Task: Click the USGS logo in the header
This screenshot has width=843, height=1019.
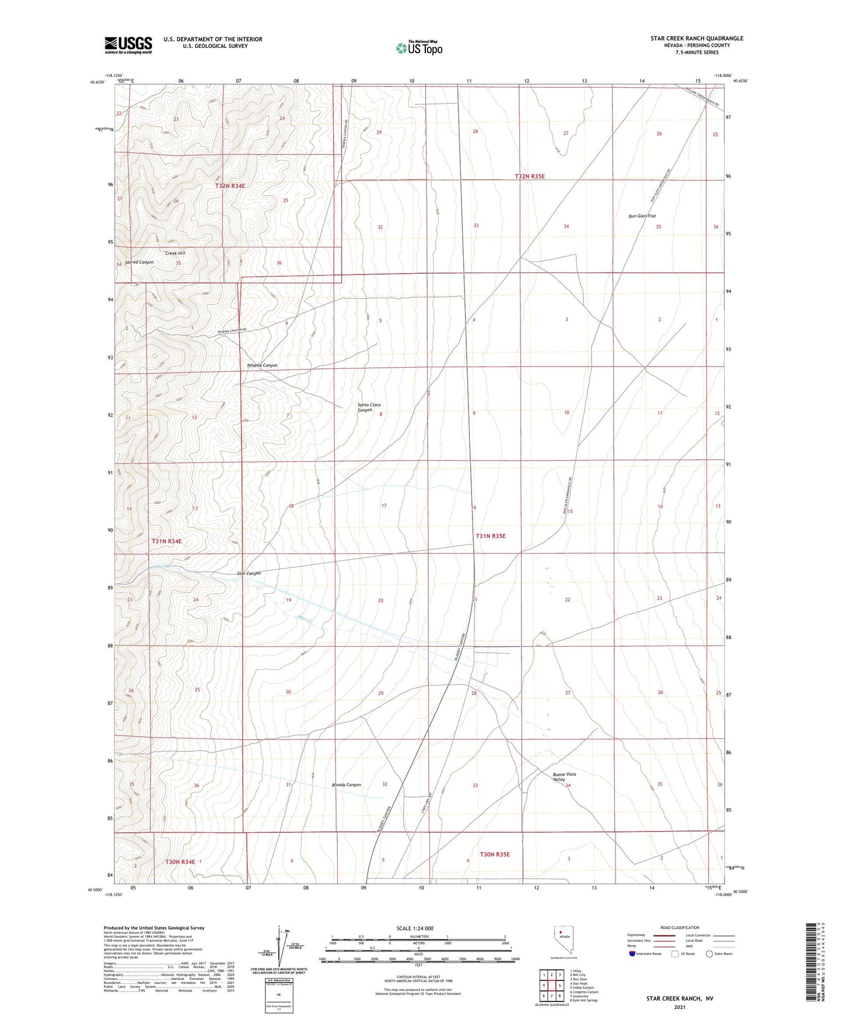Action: click(128, 45)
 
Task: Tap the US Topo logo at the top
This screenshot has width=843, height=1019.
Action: click(419, 47)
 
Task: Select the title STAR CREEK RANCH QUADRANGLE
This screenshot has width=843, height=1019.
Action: click(697, 39)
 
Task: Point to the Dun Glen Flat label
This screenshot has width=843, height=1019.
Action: click(642, 216)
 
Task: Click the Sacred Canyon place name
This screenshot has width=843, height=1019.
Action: click(139, 262)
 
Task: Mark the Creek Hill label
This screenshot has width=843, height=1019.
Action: click(175, 253)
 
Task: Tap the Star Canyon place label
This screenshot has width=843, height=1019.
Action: click(249, 573)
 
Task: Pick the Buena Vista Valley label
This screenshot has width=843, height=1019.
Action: click(564, 777)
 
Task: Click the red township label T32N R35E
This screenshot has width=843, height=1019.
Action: click(529, 176)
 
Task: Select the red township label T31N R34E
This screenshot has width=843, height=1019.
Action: click(167, 541)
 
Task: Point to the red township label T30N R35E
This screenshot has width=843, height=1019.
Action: click(495, 854)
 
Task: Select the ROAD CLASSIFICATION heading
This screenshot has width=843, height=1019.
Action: click(680, 927)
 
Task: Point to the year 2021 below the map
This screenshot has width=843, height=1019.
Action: click(679, 1007)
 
